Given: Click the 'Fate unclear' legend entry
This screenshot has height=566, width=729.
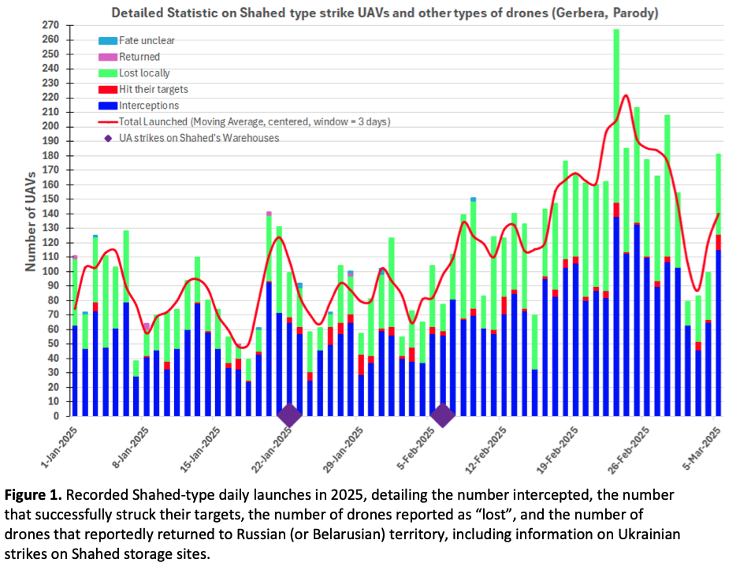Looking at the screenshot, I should (x=147, y=40).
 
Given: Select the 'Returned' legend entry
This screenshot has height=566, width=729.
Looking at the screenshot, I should (x=139, y=57).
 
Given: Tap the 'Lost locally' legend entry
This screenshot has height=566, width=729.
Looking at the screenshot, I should (x=143, y=73).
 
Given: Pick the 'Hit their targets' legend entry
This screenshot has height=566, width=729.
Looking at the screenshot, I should (x=153, y=90).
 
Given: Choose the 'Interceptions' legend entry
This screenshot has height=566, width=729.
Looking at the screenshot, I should (x=148, y=106).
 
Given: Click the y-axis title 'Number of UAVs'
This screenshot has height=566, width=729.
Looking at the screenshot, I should (x=30, y=221).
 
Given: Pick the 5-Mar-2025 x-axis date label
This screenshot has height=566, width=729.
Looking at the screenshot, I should (x=705, y=449).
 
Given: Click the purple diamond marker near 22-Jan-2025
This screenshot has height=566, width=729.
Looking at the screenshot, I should (x=289, y=415).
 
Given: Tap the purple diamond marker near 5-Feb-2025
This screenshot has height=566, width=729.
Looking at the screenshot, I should (x=442, y=415).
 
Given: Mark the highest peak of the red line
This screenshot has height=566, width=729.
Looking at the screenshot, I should (x=625, y=95).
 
